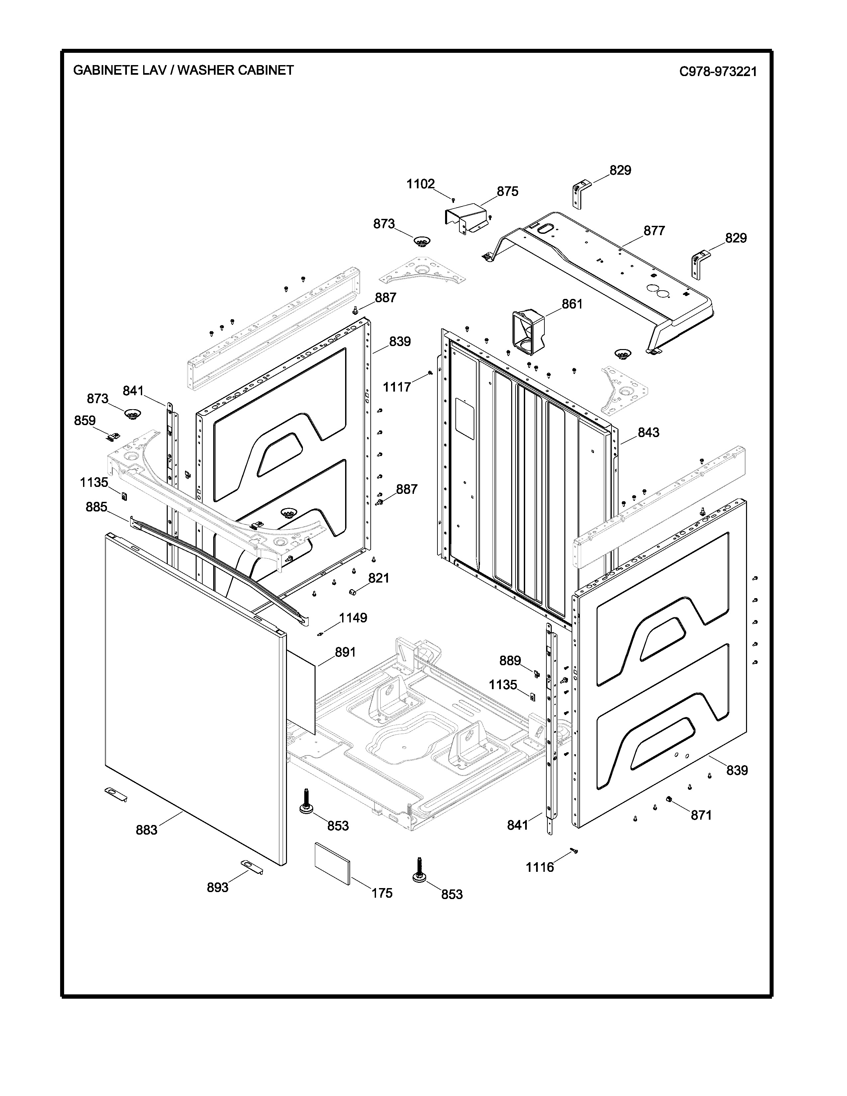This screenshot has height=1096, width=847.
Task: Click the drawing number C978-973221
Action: [717, 71]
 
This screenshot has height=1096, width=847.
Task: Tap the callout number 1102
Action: [421, 184]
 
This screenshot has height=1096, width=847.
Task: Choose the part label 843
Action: [648, 432]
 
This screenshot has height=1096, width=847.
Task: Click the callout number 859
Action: [85, 420]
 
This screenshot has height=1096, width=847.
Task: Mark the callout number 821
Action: [379, 578]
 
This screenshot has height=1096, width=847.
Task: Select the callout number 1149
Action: [353, 618]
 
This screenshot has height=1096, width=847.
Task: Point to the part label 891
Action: [345, 652]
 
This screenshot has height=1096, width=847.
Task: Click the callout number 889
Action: [510, 661]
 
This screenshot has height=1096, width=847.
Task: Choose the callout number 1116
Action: [540, 867]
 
